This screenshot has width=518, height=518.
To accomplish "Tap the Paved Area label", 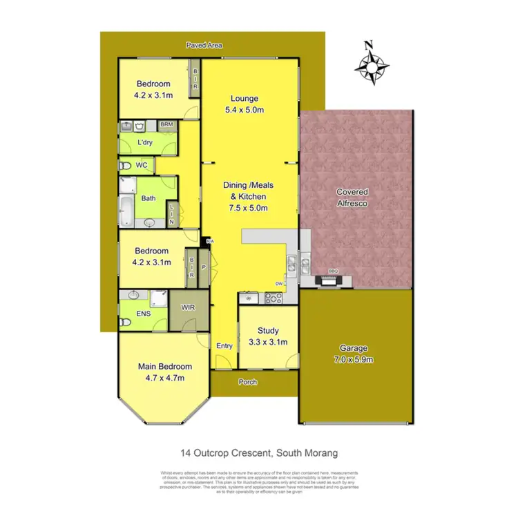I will (204, 46).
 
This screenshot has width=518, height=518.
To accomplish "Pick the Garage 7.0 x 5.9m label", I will (353, 354).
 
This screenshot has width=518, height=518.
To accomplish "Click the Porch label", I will (248, 381).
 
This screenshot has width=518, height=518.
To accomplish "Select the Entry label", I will (224, 346).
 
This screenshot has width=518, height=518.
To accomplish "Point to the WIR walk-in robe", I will (186, 307).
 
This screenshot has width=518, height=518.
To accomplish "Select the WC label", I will (141, 165).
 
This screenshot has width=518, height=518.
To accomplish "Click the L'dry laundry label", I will (144, 143).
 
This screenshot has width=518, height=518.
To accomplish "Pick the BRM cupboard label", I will (166, 125).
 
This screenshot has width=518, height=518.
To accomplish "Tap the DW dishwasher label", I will (278, 283).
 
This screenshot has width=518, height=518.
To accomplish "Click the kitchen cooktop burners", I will (272, 298).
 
